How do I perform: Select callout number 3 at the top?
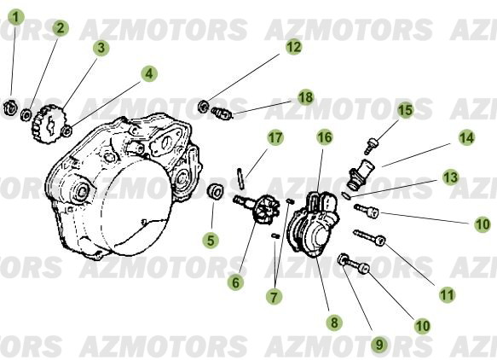101,48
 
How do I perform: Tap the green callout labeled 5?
211,241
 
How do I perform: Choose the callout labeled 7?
273,297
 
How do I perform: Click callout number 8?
333,322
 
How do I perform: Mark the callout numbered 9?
379,345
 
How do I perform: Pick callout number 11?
447,294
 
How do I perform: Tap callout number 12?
293,48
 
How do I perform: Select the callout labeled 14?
466,136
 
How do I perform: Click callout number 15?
405,109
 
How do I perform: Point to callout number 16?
324,136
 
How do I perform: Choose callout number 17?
275,137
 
